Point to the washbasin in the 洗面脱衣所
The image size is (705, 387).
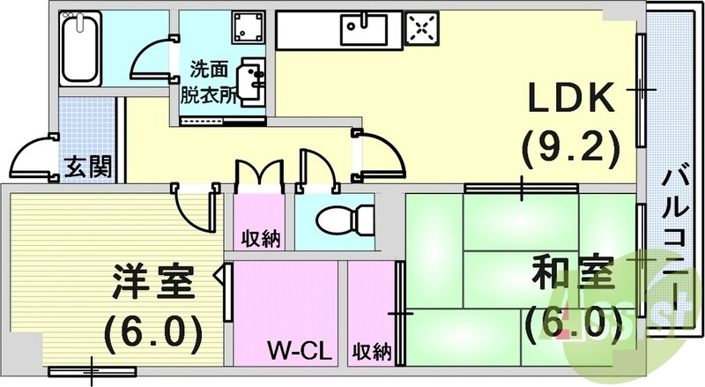253,78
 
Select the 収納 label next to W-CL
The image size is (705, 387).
372,352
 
